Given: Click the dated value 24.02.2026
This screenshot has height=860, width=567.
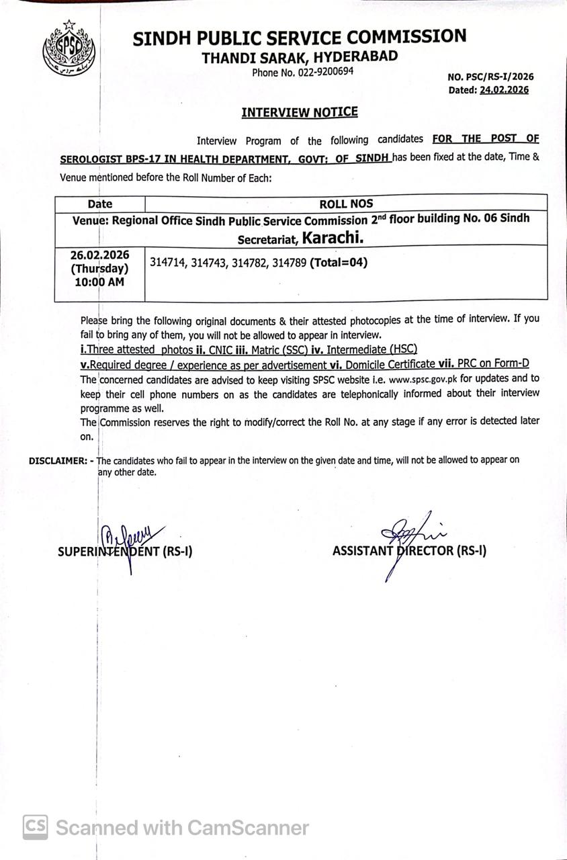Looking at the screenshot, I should tap(504, 90).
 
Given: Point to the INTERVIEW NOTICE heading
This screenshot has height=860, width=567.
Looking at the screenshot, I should tap(300, 112).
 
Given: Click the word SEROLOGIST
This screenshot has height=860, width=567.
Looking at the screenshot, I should tap(90, 160).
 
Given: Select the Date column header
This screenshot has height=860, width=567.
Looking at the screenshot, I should tap(100, 204).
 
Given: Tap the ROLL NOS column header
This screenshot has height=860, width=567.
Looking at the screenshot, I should tap(347, 203).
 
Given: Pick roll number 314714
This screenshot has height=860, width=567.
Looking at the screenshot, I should tap(167, 263).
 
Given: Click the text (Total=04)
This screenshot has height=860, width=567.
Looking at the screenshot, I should tap(339, 263).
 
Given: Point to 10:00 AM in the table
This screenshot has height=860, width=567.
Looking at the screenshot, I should tap(99, 282).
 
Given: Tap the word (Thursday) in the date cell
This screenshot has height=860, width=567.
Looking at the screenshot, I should tap(99, 269).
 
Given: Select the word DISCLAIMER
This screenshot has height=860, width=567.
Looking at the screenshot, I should tap(57, 461).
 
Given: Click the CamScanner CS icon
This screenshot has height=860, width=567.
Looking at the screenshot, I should tap(36, 827).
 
